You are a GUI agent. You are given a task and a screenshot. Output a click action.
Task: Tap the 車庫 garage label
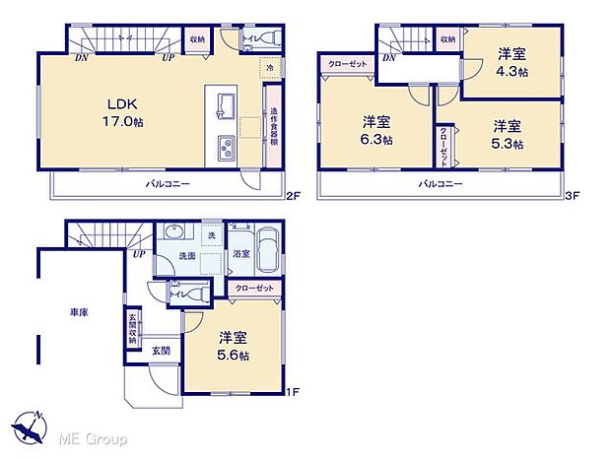[79, 312]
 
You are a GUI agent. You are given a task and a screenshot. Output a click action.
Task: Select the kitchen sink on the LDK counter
[223, 105]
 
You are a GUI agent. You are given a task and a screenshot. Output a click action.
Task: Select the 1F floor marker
[292, 392]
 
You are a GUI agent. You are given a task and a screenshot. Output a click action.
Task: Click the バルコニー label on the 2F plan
[168, 184]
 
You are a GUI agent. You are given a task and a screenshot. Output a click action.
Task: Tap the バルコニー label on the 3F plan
[441, 184]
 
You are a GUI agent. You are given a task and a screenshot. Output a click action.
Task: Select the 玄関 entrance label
[161, 350]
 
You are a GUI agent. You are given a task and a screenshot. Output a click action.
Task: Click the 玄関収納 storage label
[132, 328]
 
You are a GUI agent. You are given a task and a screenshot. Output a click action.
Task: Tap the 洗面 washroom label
[187, 256]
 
